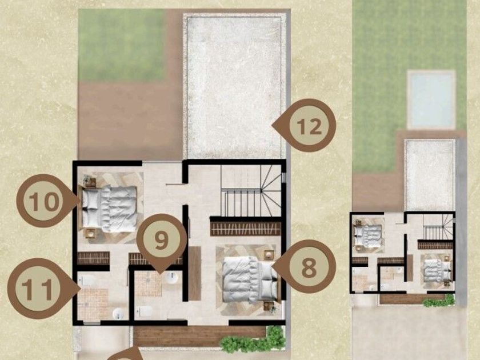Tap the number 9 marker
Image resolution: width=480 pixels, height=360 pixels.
click(162, 241)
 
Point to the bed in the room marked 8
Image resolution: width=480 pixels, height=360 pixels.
click(250, 279)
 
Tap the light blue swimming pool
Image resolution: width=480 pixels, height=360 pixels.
click(431, 99)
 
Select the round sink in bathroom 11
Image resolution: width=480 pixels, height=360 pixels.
click(118, 314)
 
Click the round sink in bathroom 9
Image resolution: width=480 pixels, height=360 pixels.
click(172, 278)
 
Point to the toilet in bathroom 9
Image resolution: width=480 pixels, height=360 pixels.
click(145, 311)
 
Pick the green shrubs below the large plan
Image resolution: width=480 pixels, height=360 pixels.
click(254, 340)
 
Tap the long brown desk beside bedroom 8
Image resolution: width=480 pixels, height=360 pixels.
click(195, 273)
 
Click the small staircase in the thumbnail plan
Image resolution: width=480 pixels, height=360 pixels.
click(438, 226)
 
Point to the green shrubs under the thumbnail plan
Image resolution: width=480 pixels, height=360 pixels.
click(439, 301)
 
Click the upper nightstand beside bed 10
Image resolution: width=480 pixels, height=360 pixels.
click(90, 182)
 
